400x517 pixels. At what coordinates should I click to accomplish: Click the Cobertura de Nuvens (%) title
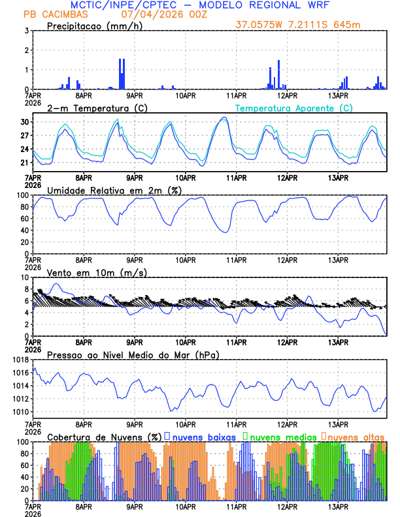coord(105,436)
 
